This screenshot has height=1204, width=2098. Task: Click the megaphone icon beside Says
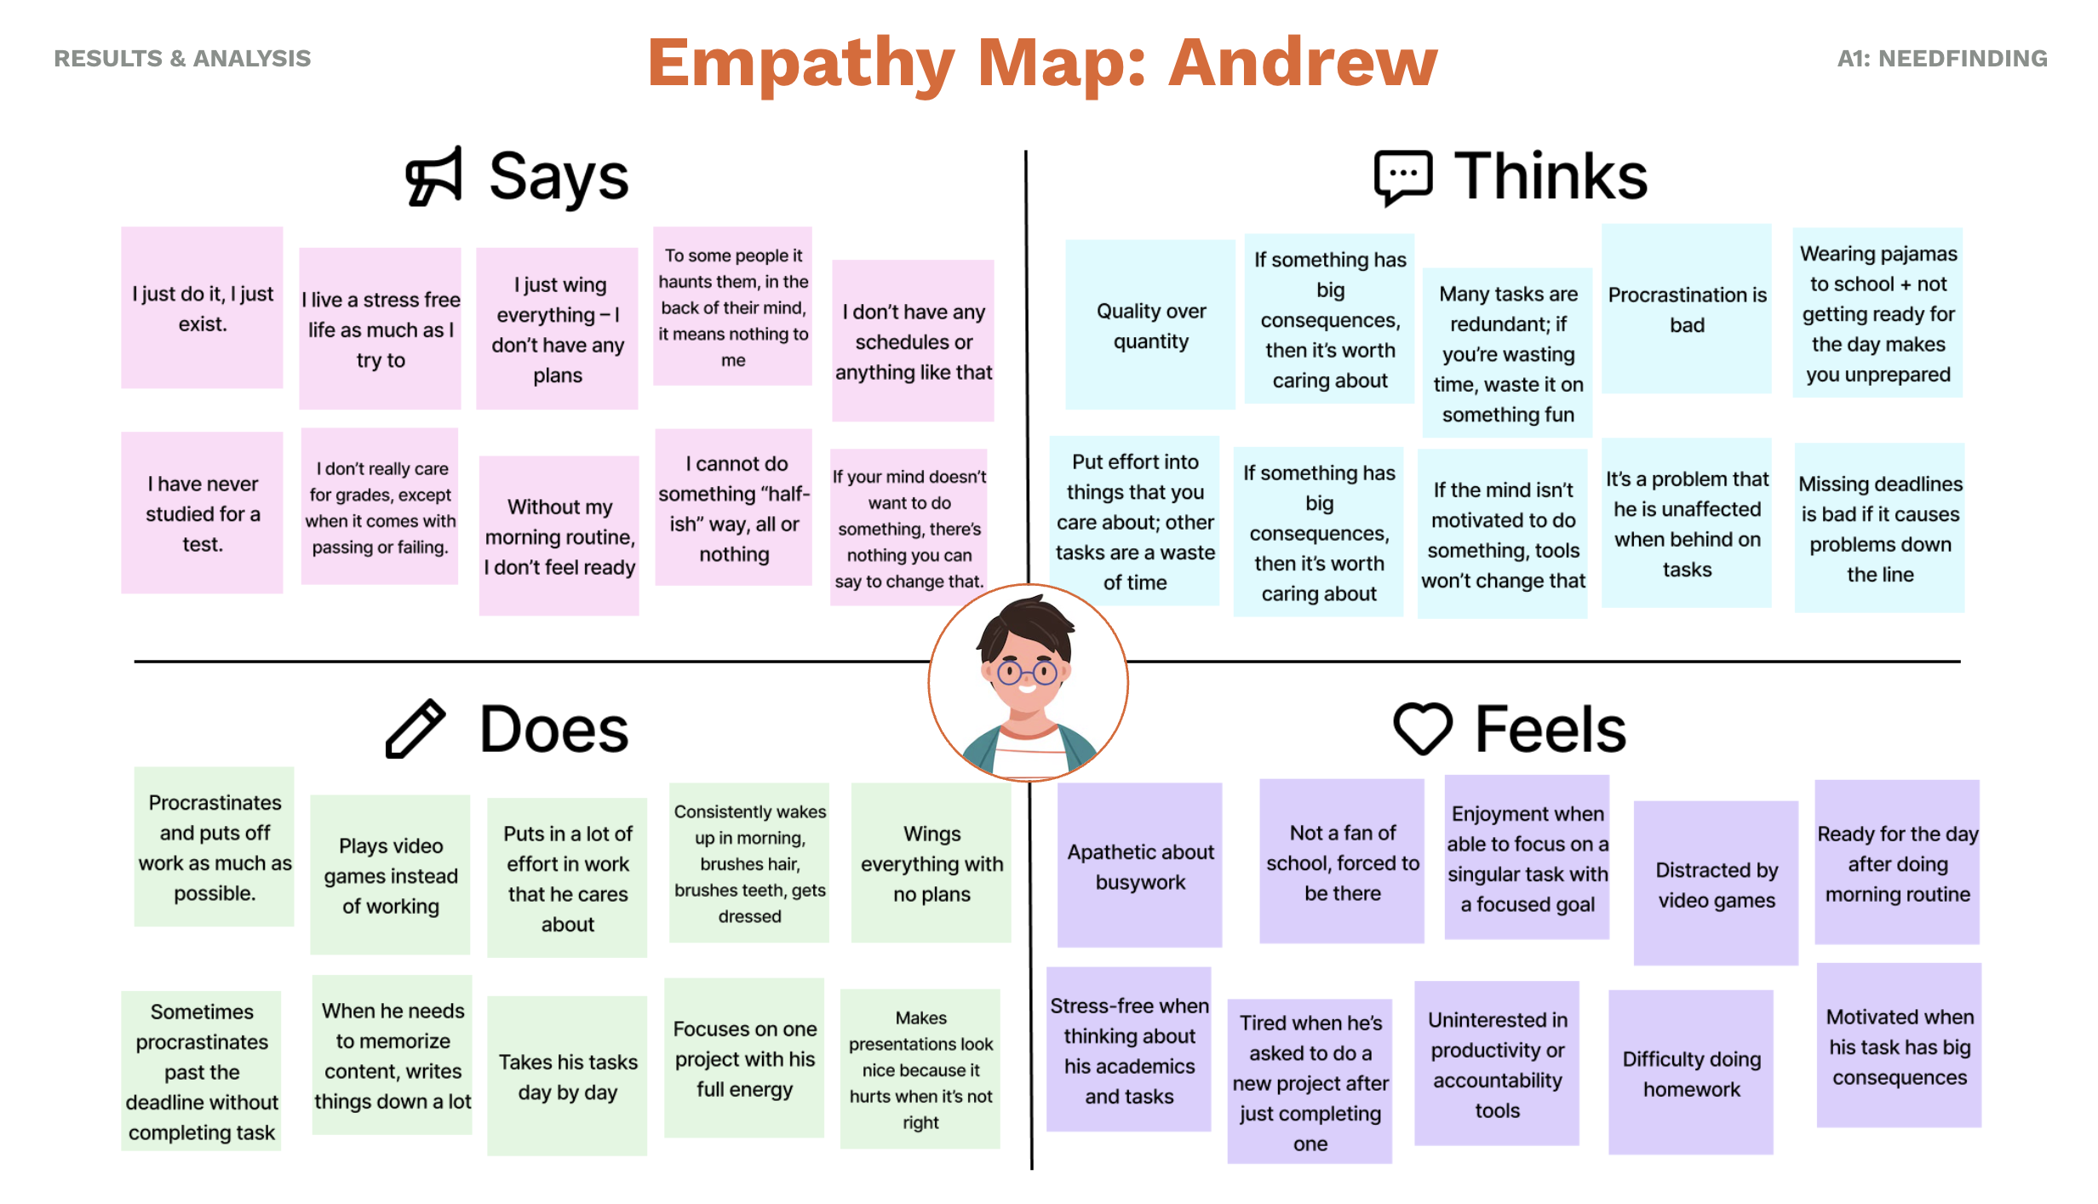434,176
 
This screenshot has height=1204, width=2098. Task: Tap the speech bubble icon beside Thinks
1402,177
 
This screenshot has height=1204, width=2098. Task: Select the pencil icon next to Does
416,729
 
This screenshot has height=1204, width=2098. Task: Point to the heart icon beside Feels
1422,729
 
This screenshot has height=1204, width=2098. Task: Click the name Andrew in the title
1303,63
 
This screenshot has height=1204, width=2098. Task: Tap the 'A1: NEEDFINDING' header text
1941,59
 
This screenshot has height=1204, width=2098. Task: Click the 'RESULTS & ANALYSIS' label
182,59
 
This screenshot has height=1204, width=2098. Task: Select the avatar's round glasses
1028,674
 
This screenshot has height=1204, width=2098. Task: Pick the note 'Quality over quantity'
1150,325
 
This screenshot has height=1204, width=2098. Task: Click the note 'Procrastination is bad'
1687,309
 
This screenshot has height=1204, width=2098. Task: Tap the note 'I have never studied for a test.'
203,513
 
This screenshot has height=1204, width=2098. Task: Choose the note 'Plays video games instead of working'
390,875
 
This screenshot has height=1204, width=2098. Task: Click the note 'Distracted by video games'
1717,884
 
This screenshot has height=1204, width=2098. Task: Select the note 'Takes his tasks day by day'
567,1076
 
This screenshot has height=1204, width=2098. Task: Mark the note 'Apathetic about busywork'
1140,866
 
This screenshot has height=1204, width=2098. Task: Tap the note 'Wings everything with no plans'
931,863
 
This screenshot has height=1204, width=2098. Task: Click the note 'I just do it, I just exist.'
203,308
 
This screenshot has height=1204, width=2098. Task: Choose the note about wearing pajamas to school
1877,313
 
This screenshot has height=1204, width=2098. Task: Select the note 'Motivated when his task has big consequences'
1899,1046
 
